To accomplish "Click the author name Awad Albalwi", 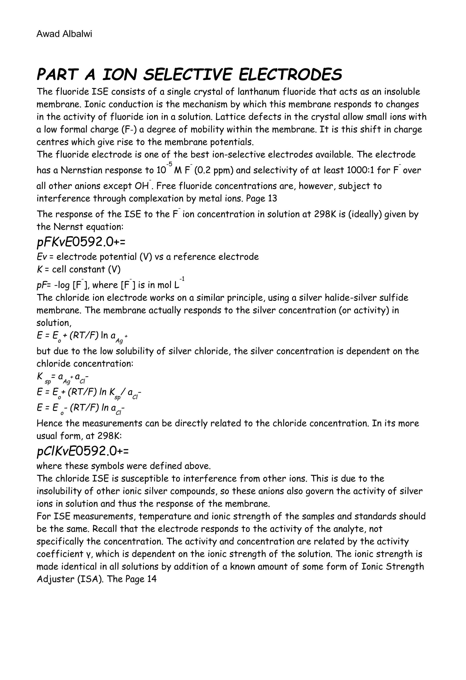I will [64, 34].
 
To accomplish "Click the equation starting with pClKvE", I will [83, 451].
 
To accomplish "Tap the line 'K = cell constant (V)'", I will [79, 269].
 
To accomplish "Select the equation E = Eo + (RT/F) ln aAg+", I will [82, 336].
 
